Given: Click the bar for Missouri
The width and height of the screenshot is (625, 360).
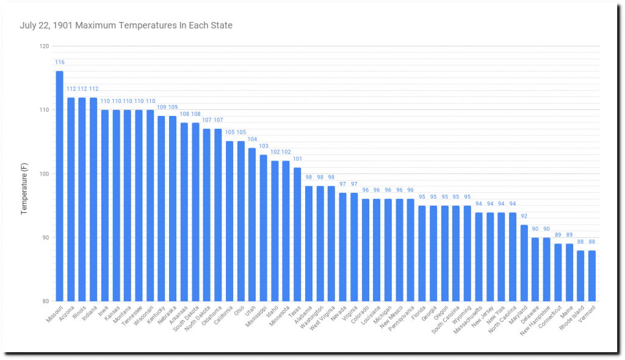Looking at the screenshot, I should [x=59, y=186].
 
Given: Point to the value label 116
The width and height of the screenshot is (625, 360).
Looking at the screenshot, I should [x=59, y=62].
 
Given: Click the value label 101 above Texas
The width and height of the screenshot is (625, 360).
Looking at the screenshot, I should [x=297, y=160].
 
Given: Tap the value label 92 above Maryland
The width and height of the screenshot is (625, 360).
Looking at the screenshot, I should [x=524, y=217].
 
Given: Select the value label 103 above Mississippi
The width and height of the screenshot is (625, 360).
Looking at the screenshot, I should [x=263, y=146].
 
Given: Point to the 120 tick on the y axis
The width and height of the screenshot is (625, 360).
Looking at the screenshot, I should [x=43, y=46].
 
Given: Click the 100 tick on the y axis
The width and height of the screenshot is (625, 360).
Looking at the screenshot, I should [x=43, y=174].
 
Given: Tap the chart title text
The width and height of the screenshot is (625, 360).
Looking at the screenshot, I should [x=126, y=26].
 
